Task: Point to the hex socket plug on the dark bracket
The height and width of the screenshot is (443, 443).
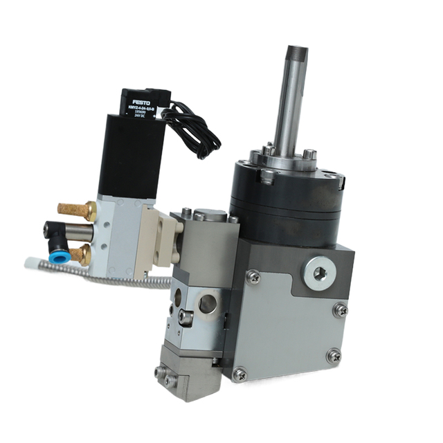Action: click(319, 272)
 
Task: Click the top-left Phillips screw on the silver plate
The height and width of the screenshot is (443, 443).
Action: click(253, 277)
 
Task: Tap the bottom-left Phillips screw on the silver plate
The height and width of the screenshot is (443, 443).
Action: click(239, 374)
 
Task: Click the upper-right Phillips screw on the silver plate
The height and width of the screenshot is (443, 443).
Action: click(340, 309)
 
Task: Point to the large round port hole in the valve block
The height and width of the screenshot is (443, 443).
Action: click(206, 303)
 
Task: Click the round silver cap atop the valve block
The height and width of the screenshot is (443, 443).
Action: click(211, 215)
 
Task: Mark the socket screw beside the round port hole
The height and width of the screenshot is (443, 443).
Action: click(185, 317)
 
